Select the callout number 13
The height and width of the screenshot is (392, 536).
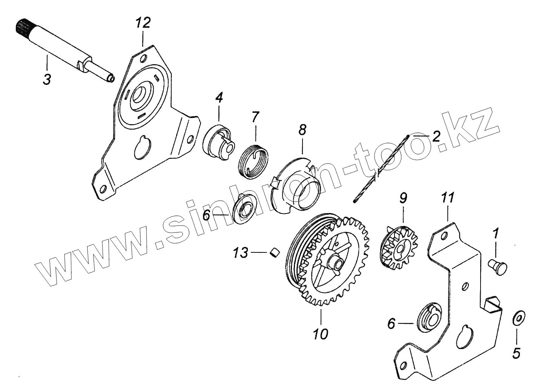point(240,253)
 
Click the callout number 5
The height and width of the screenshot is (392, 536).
point(516,353)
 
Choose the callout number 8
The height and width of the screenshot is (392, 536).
point(302,131)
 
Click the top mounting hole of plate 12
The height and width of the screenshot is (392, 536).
point(143,59)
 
